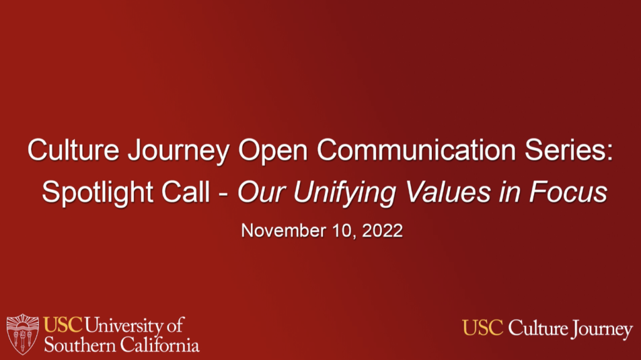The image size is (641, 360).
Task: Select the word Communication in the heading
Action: (x=416, y=150)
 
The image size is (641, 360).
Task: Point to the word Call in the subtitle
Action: (x=185, y=192)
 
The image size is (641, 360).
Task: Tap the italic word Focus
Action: (x=568, y=192)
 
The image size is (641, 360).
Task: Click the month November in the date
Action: (x=284, y=231)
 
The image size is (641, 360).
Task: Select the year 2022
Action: (x=382, y=231)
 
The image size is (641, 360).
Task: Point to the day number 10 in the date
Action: (x=342, y=231)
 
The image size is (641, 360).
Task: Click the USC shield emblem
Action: (x=23, y=334)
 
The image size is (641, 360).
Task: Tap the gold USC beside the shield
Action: (x=63, y=325)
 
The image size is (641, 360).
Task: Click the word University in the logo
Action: (x=124, y=326)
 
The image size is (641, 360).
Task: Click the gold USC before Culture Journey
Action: (x=483, y=327)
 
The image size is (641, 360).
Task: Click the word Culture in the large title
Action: (x=73, y=150)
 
